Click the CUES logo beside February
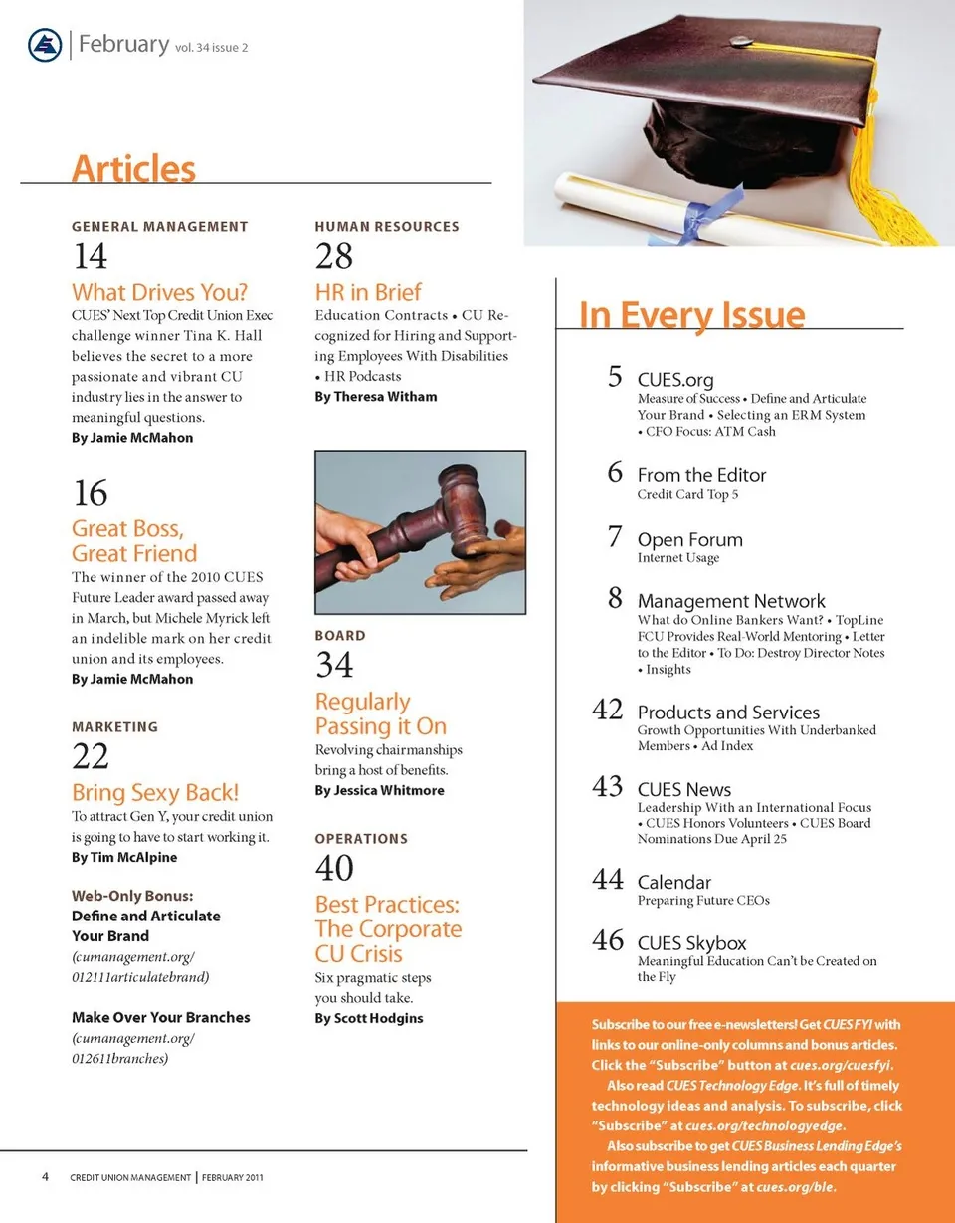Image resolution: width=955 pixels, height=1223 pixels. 45,46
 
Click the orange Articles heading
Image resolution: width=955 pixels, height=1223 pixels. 133,168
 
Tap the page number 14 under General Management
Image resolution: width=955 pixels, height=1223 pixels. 90,257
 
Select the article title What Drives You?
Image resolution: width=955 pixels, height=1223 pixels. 159,293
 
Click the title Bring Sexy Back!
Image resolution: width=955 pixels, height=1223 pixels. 155,793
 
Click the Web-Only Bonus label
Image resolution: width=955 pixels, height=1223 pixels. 132,895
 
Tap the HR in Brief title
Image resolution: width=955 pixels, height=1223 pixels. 368,293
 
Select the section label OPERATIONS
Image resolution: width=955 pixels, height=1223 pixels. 361,839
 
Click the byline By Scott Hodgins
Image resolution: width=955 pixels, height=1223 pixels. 369,1018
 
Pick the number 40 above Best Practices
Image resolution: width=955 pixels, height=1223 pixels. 334,869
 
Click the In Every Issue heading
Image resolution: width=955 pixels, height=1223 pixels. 691,315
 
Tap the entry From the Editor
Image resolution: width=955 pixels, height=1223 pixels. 701,475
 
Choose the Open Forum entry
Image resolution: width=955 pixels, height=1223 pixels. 689,540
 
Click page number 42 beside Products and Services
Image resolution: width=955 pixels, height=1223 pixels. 607,711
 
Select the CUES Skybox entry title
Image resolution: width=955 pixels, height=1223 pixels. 691,943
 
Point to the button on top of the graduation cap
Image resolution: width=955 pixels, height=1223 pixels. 740,42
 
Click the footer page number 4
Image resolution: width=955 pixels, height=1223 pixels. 46,1177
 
